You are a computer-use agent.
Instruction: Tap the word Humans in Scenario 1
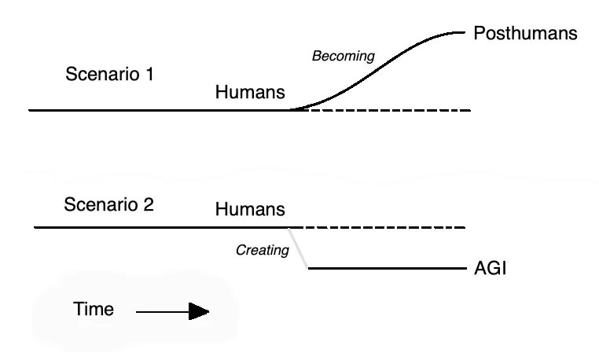[250, 93]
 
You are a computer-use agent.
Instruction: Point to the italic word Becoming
[344, 57]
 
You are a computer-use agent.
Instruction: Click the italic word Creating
[263, 252]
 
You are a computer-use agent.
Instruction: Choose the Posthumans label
[526, 34]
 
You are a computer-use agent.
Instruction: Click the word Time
[94, 310]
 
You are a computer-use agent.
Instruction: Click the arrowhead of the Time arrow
[199, 312]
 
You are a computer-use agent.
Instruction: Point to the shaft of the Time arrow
[161, 312]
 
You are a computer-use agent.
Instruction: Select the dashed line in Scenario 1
[385, 111]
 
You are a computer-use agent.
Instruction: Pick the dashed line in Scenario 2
[377, 228]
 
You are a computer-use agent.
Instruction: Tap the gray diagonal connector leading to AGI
[298, 248]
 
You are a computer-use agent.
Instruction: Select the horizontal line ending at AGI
[385, 268]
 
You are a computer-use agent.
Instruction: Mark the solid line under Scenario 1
[157, 111]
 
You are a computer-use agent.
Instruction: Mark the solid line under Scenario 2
[157, 228]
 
